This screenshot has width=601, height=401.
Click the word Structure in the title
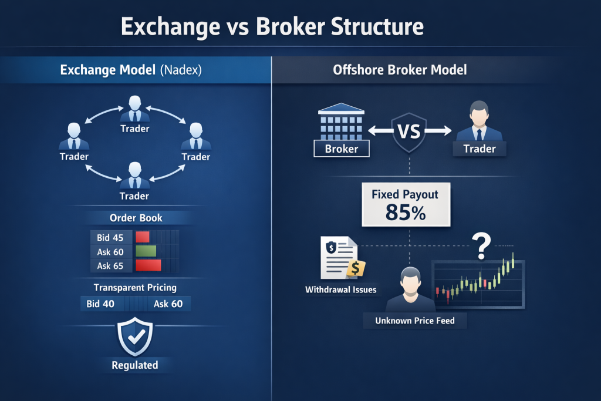point(377,27)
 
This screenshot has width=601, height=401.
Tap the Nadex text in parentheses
point(181,70)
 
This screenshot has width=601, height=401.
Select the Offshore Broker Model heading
point(400,70)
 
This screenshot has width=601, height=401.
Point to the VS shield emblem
point(409,132)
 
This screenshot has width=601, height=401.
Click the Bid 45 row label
point(110,238)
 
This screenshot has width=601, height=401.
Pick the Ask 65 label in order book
point(110,266)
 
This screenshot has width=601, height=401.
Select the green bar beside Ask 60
point(146,251)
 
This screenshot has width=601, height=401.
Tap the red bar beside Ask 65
point(148,265)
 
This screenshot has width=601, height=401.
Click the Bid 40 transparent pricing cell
point(100,304)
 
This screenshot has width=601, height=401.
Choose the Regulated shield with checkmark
point(135,336)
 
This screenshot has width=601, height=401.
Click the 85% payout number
point(406,213)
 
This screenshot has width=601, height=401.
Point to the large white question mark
point(481,246)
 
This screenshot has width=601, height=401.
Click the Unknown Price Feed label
point(415,321)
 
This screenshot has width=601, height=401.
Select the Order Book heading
point(136,218)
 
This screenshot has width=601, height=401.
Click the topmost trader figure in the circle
point(134,109)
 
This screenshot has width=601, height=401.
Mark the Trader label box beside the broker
point(480,149)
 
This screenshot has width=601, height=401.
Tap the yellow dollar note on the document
point(356,268)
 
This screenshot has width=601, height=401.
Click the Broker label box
point(342,149)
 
